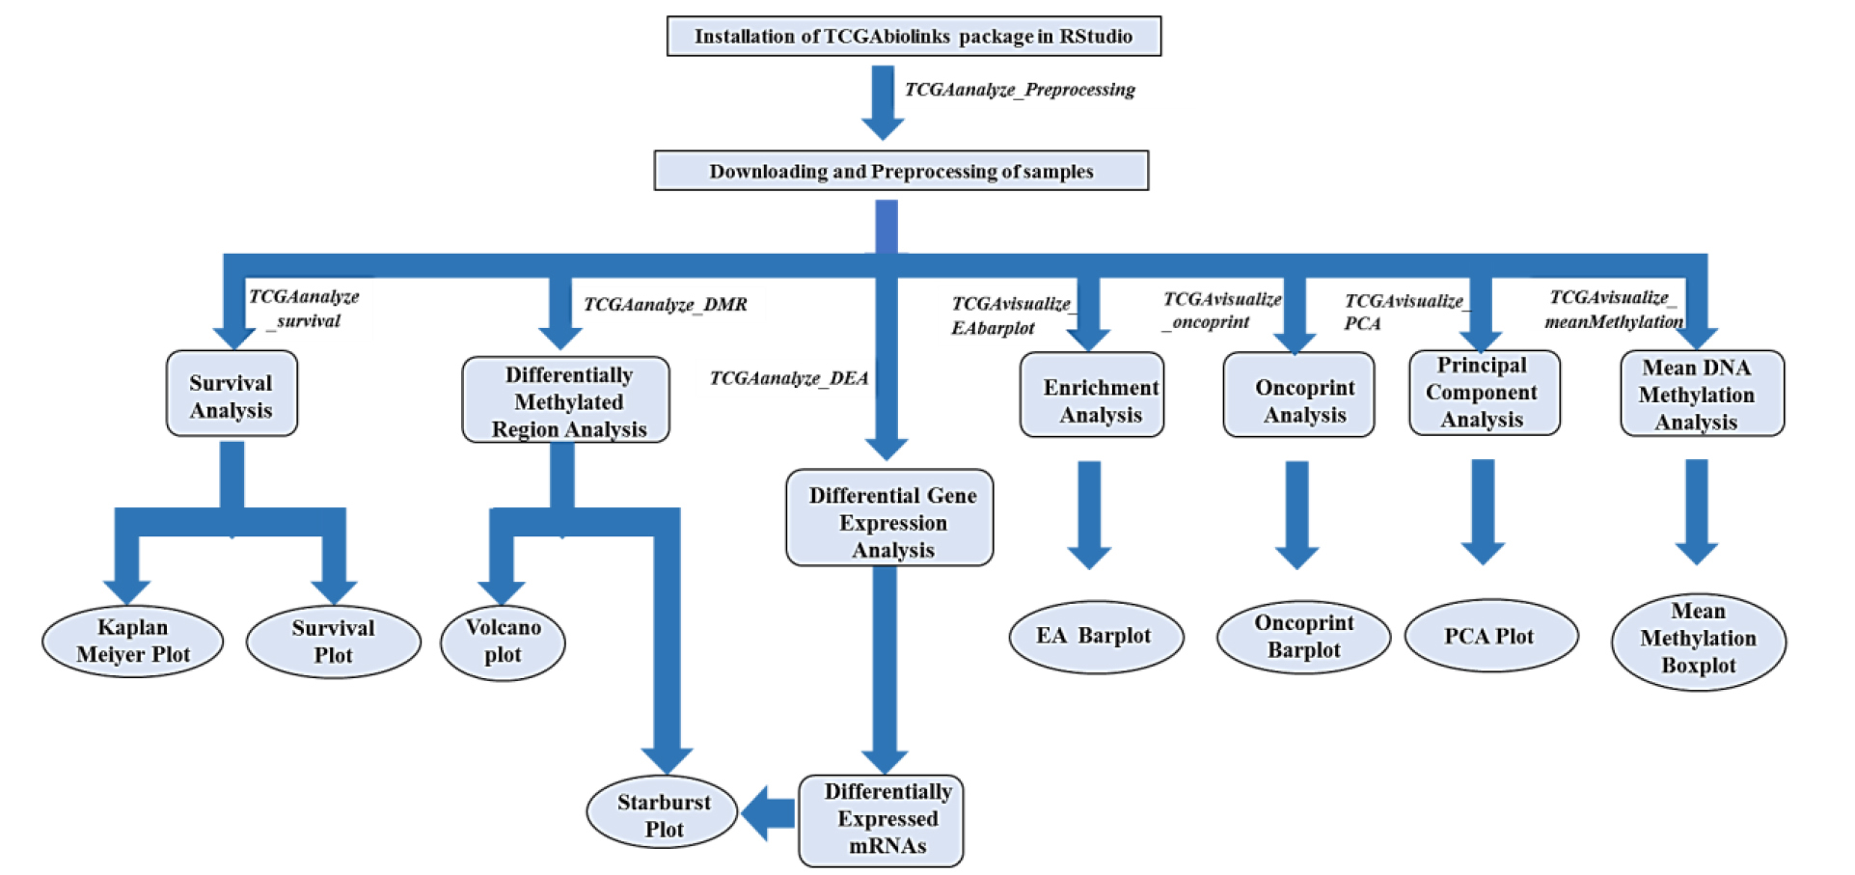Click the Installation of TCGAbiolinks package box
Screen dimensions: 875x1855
[x=914, y=37]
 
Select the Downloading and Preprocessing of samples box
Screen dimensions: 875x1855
[x=901, y=171]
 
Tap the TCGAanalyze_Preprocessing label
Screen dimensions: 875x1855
[x=1020, y=90]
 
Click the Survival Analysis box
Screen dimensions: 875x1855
[x=232, y=395]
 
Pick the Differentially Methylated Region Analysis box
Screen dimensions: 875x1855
[x=566, y=401]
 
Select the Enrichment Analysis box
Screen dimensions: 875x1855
[x=1092, y=396]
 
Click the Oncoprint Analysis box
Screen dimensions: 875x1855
[x=1298, y=396]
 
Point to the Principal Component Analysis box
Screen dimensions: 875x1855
[x=1484, y=393]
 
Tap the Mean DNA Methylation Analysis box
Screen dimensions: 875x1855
[x=1702, y=394]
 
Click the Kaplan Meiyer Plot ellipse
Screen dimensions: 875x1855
[x=133, y=642]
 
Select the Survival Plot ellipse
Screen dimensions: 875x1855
[x=334, y=642]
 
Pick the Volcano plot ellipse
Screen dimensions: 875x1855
[x=503, y=642]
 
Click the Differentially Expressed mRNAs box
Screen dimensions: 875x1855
[x=881, y=820]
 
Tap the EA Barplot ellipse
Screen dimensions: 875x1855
[x=1096, y=637]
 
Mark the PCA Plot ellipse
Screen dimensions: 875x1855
[x=1490, y=637]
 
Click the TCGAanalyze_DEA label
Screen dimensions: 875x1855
[x=789, y=378]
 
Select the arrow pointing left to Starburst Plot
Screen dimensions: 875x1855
[x=769, y=813]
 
